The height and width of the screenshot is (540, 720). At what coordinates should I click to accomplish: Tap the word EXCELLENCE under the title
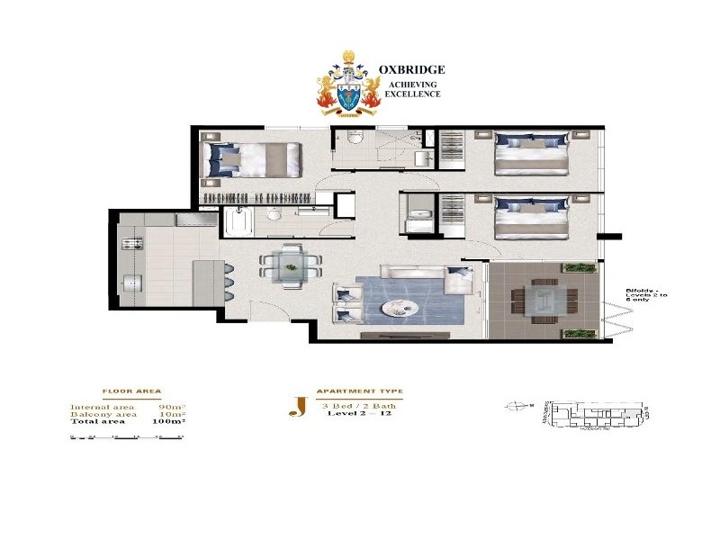click(414, 94)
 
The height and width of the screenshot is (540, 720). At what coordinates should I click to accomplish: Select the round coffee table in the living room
click(400, 308)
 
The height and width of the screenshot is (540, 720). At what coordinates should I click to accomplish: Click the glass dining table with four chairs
click(290, 263)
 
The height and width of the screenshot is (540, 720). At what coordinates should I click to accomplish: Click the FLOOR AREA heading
click(131, 392)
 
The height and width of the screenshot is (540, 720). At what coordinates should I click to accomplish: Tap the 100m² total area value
click(169, 421)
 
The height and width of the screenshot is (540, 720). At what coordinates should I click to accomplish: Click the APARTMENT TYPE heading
click(359, 392)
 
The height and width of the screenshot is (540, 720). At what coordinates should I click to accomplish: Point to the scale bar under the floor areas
click(127, 437)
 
